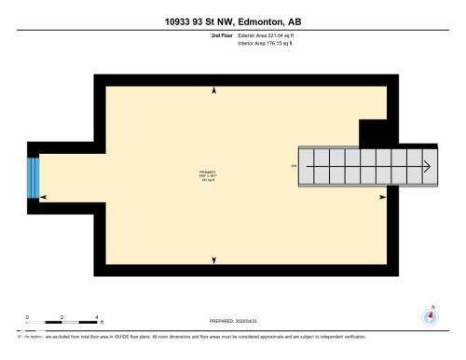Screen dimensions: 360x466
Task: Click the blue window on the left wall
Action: pyautogui.click(x=34, y=177)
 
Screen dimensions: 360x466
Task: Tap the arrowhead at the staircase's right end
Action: pyautogui.click(x=426, y=168)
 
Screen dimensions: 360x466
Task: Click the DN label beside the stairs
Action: pyautogui.click(x=293, y=168)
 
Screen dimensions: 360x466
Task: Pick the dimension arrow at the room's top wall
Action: pyautogui.click(x=216, y=90)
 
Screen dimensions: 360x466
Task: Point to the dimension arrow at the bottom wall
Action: pyautogui.click(x=216, y=251)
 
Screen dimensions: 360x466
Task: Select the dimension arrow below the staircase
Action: pyautogui.click(x=382, y=197)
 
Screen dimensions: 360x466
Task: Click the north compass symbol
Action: pyautogui.click(x=430, y=315)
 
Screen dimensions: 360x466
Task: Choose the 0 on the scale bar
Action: pyautogui.click(x=27, y=317)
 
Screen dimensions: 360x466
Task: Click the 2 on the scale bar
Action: pyautogui.click(x=62, y=317)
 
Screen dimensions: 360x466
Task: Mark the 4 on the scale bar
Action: pyautogui.click(x=96, y=317)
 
